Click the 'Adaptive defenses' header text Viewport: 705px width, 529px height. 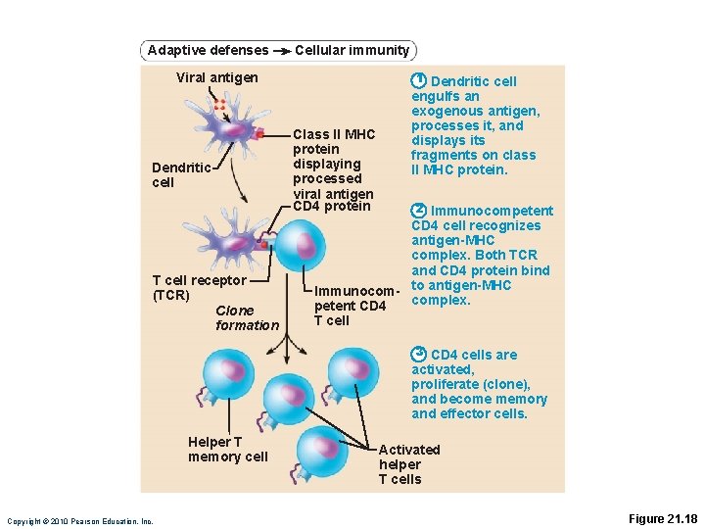(x=207, y=50)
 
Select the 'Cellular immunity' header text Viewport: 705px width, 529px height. (x=352, y=50)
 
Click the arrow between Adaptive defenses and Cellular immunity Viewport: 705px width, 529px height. (x=280, y=50)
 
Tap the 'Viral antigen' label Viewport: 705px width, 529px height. (x=217, y=77)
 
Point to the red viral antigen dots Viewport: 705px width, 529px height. (x=220, y=104)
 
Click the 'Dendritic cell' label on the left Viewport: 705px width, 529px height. (x=181, y=175)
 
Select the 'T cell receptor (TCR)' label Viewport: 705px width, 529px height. (x=199, y=287)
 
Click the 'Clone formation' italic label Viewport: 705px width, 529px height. (x=247, y=317)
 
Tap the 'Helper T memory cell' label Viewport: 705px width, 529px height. (x=227, y=450)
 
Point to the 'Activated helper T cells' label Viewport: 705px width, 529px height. (x=408, y=464)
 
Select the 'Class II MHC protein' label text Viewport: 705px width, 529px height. (x=333, y=141)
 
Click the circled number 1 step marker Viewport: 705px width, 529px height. (x=418, y=80)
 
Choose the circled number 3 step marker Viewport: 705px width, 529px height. (x=418, y=354)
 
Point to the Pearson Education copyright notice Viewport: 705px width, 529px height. (x=80, y=521)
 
